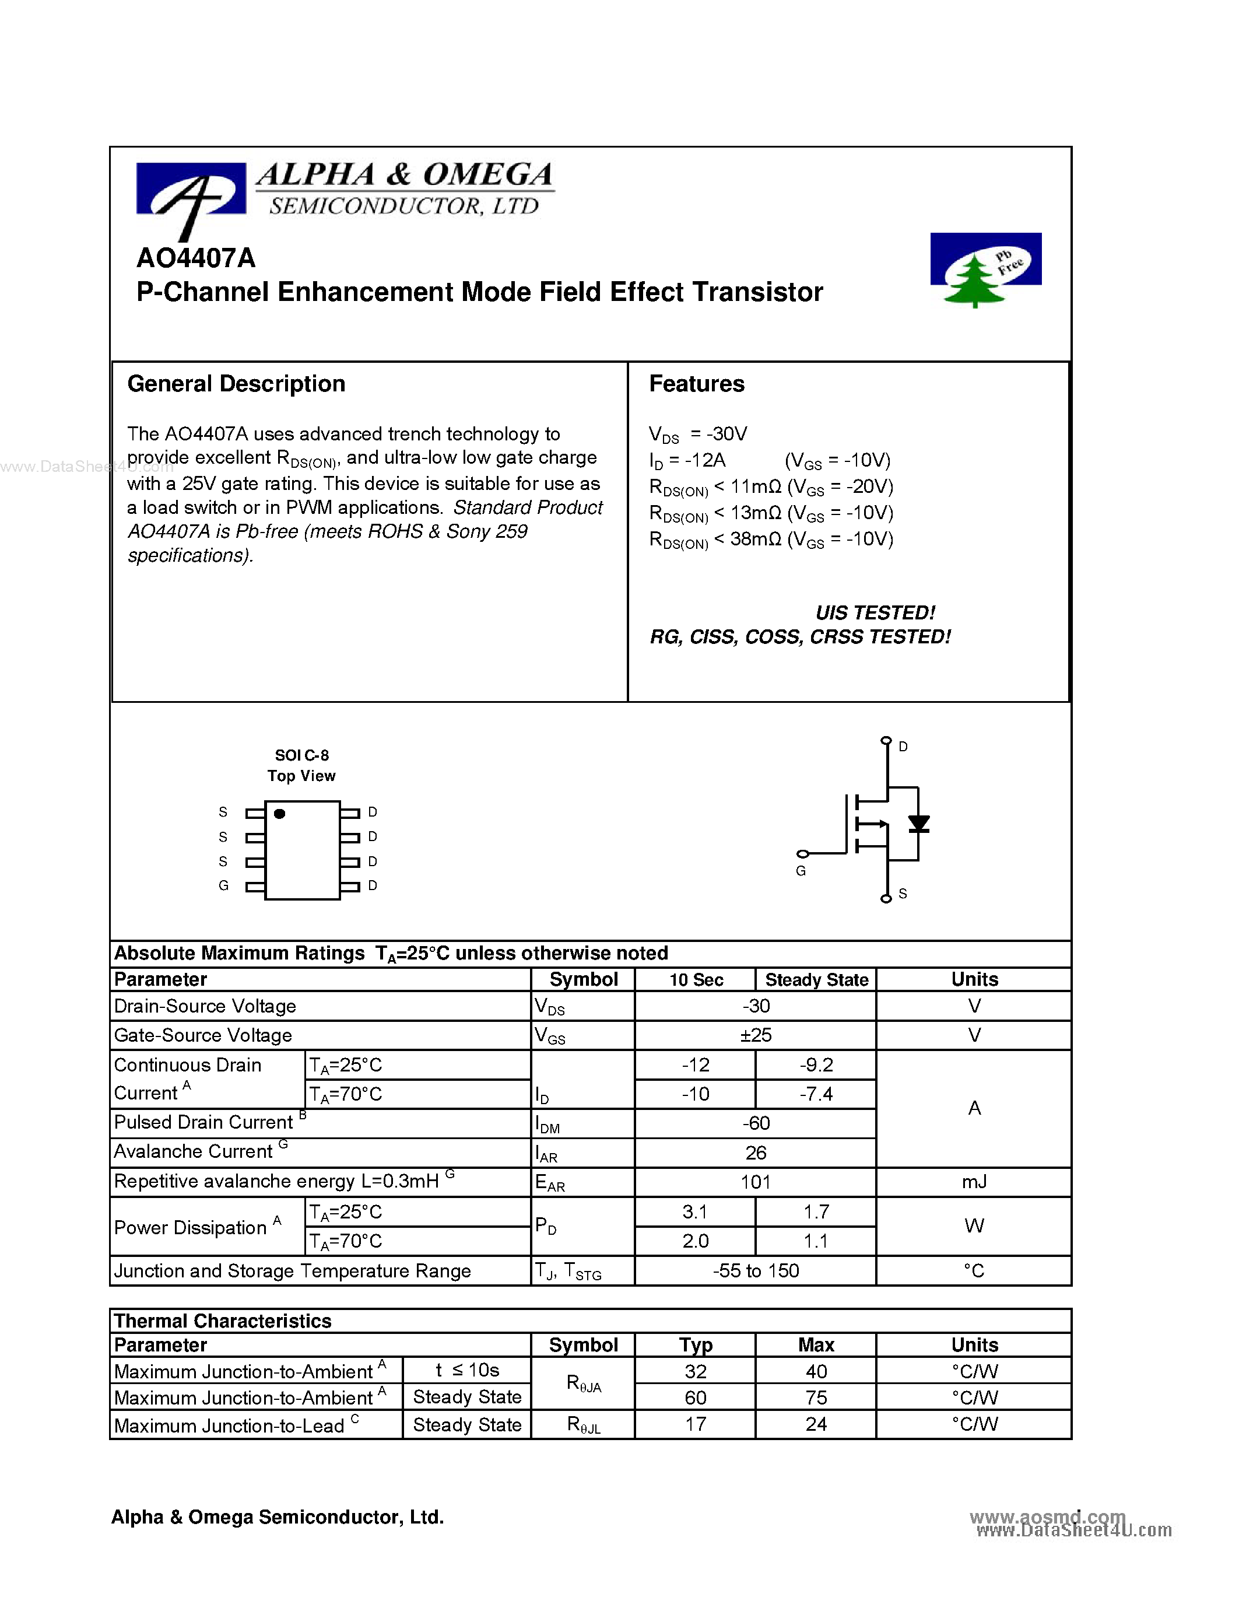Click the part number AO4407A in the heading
tap(196, 258)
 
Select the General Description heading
tap(236, 384)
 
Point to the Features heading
tap(697, 384)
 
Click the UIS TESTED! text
tap(875, 612)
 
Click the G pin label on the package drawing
tap(224, 886)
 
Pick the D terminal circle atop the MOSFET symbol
tap(886, 740)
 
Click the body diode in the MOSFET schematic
tap(918, 824)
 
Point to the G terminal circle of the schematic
tap(803, 854)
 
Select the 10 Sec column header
tap(696, 980)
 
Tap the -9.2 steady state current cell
tap(816, 1065)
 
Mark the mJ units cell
tap(974, 1182)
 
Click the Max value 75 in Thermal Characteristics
tap(816, 1398)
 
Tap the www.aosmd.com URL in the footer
tap(1047, 1517)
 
